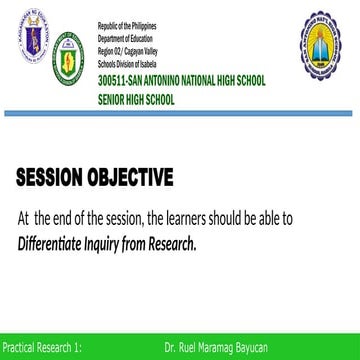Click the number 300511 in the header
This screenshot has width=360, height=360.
pyautogui.click(x=114, y=79)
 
